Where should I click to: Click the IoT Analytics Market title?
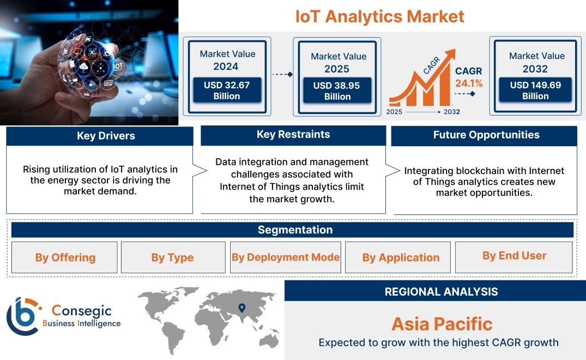coord(380,17)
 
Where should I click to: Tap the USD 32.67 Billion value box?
coord(227,90)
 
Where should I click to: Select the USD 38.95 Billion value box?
coord(337,91)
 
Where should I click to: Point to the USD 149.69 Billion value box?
coord(535,89)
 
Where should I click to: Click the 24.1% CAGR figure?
coord(469,83)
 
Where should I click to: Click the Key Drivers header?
coord(106,136)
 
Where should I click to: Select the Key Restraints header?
coord(293,135)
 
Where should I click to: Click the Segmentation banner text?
coord(295,230)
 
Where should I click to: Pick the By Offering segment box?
coord(64,257)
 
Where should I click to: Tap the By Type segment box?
coord(173,257)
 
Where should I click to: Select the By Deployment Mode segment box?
coord(286,257)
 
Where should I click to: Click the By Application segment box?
coord(397,257)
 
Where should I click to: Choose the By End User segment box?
coord(514,257)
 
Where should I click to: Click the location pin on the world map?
coord(242,308)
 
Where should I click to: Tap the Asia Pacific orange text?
coord(442,324)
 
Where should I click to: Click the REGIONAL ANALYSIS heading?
coord(442,292)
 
